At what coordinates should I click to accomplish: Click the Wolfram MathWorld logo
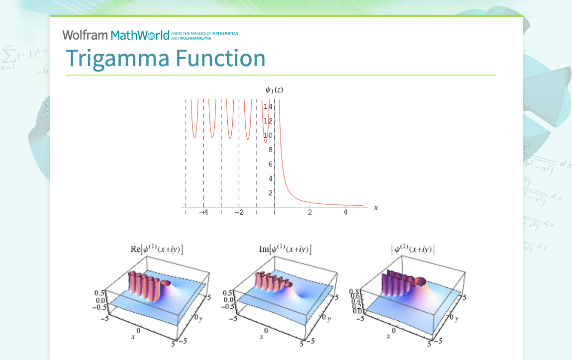pos(115,35)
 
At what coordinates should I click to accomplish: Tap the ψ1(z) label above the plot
pos(274,90)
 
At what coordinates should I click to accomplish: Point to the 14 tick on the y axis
pos(268,106)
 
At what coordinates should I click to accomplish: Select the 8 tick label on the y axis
pos(270,150)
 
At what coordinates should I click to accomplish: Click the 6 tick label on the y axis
pos(270,164)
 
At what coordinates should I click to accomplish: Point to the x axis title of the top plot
pos(376,207)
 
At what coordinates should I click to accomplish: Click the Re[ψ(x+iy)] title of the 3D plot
pos(153,250)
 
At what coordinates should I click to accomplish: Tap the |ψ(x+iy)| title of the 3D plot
pos(412,250)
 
